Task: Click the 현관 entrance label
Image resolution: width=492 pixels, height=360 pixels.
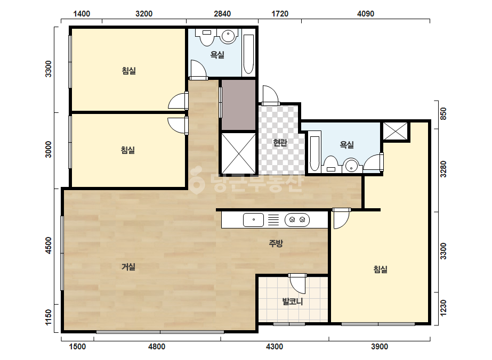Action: tap(280, 143)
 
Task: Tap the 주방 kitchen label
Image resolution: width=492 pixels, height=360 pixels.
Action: tap(276, 243)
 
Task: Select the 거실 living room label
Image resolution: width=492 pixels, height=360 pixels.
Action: tap(128, 267)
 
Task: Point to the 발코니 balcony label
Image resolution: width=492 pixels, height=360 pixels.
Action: tap(293, 301)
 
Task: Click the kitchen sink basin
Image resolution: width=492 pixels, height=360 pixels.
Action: tap(254, 219)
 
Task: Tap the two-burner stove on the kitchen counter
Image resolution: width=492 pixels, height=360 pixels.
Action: tap(297, 219)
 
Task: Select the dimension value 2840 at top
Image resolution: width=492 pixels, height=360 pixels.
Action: tap(222, 14)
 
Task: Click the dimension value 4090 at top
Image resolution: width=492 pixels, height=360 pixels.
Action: tap(366, 14)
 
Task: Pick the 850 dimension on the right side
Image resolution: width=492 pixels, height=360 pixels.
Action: tap(443, 114)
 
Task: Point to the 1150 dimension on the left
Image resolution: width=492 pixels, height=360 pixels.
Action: tap(49, 317)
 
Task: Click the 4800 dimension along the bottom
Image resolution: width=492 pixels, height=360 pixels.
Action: tap(157, 347)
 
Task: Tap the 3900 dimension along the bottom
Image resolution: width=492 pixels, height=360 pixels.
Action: tap(380, 347)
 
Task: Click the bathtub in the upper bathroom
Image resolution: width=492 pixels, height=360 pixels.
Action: tap(248, 54)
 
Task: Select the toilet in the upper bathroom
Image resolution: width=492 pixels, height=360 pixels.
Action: tap(206, 37)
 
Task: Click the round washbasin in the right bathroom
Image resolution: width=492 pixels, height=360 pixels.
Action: tap(351, 166)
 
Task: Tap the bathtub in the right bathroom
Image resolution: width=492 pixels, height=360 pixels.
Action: tap(314, 154)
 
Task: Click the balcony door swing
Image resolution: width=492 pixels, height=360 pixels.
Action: tap(297, 283)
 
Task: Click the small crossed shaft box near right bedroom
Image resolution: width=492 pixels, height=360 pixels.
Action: tap(395, 131)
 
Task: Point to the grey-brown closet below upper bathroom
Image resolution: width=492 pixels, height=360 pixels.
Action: tap(239, 105)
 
